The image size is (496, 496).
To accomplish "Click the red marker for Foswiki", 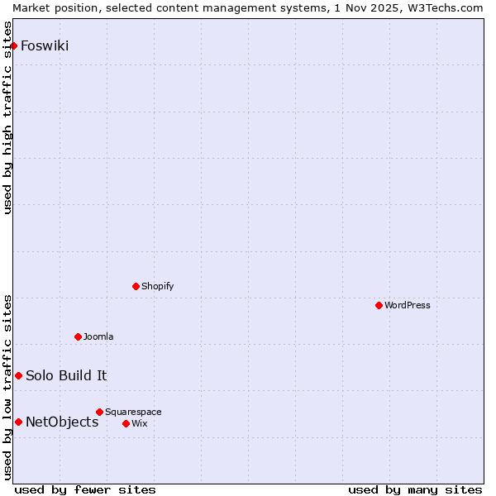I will click(14, 45).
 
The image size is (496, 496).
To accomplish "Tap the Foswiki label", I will click(45, 45).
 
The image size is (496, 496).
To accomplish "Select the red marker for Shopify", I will click(136, 286).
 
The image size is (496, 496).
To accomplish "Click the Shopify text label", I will click(157, 286).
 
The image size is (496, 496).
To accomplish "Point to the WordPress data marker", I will click(379, 305).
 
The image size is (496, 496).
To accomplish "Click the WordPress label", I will click(407, 305).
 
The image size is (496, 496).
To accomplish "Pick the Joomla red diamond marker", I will click(79, 336).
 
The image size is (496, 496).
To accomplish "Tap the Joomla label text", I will click(98, 336).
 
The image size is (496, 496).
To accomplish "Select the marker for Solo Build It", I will click(18, 375).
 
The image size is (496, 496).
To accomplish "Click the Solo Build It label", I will click(66, 375).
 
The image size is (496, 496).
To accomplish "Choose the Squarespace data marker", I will click(100, 412).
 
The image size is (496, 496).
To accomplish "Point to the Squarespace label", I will click(133, 412).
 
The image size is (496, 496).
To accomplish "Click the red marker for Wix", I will click(126, 423).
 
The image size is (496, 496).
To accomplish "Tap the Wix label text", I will click(139, 423).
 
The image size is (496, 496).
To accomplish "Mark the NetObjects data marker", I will click(18, 422).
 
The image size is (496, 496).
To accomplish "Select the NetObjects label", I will click(62, 422).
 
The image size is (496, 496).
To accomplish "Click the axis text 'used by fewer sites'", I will click(85, 490).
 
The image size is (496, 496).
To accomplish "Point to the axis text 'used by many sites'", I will click(415, 490).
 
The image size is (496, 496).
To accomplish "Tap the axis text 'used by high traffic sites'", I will click(7, 117).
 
